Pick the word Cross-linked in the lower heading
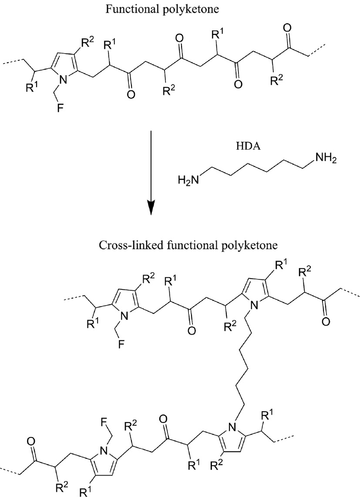(127, 245)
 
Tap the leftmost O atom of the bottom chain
(31, 441)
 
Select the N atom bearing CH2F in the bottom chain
(103, 450)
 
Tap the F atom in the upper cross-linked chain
(121, 344)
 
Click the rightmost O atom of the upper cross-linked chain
(325, 322)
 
